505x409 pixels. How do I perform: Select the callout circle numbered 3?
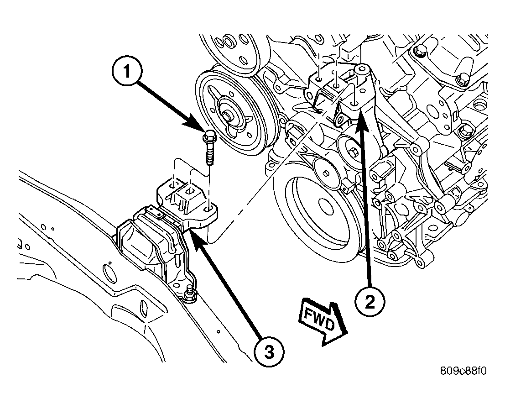(x=269, y=352)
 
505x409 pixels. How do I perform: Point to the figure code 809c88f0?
(x=463, y=371)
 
